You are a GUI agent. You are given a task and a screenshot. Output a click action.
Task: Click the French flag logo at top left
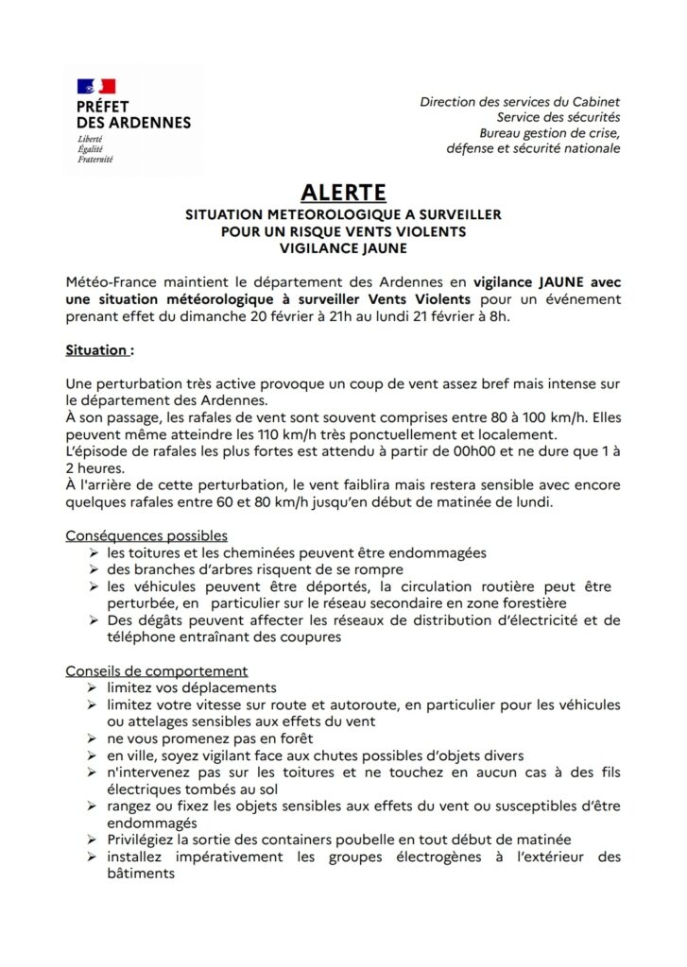(95, 87)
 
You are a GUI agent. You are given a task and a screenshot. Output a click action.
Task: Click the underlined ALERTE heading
(343, 192)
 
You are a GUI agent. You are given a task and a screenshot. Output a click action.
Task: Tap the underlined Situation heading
(98, 349)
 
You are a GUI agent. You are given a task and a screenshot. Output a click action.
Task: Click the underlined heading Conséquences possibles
(146, 535)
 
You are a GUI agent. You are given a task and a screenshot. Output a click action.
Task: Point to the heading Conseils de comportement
(156, 671)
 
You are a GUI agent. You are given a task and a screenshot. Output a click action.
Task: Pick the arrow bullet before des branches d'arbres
(93, 569)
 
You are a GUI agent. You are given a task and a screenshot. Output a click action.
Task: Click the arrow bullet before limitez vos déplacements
(93, 688)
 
